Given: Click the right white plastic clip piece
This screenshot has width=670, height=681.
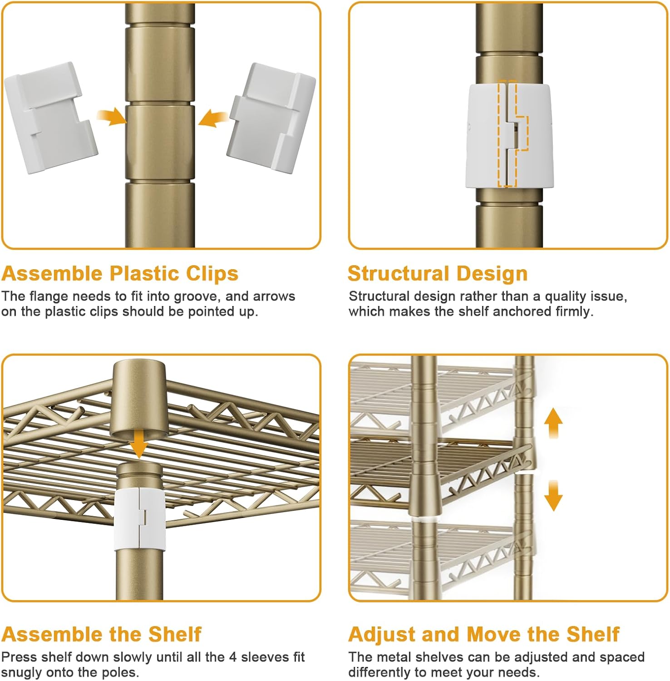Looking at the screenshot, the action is click(271, 118).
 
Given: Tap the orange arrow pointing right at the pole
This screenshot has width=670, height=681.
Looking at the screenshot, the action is click(111, 117).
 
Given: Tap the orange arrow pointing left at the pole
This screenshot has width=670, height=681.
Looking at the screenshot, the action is click(213, 118).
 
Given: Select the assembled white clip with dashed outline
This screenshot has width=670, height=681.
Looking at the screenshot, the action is click(509, 135).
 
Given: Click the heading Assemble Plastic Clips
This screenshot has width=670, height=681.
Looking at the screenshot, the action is click(120, 273).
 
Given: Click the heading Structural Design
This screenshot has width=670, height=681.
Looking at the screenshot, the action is click(438, 273).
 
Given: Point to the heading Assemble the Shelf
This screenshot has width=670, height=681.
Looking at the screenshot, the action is click(101, 634).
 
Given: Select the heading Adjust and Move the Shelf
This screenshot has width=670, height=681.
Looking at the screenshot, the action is click(484, 634).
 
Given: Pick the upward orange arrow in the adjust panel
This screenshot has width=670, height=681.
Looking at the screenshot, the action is click(553, 422).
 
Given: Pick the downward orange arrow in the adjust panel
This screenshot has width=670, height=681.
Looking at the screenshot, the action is click(553, 496).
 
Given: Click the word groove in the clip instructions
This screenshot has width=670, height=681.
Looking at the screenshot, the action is click(197, 296).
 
